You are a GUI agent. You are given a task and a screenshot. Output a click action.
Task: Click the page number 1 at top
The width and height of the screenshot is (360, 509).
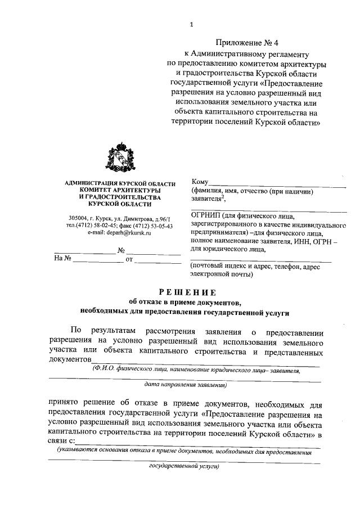pyautogui.click(x=191, y=24)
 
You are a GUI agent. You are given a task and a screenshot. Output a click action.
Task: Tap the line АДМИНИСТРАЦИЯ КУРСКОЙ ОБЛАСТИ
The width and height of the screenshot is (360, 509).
pyautogui.click(x=120, y=184)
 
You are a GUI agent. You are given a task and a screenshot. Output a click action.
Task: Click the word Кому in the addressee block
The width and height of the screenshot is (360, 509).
pyautogui.click(x=200, y=182)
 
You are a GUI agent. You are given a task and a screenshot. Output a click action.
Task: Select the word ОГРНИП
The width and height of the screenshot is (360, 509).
pyautogui.click(x=206, y=214)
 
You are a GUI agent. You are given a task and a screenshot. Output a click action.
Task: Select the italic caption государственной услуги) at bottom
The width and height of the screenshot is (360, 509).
pyautogui.click(x=183, y=466)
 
